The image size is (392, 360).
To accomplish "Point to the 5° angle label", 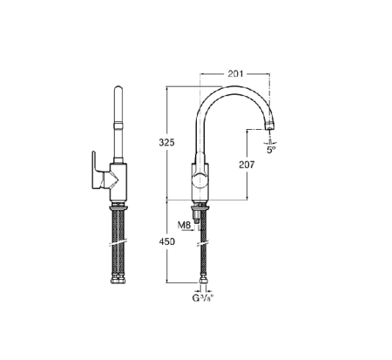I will click(272, 149).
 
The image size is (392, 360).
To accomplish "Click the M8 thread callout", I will click(184, 225).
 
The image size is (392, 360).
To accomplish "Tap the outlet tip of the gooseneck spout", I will click(270, 129).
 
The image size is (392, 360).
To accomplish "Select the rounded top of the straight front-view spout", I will click(118, 91).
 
